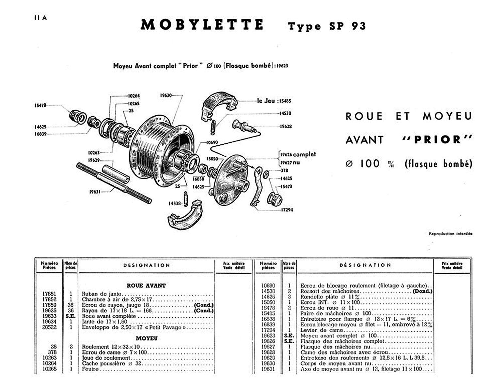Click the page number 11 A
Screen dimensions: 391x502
(40, 18)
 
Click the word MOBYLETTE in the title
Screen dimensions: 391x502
(202, 25)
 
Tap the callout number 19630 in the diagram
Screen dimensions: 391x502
(166, 95)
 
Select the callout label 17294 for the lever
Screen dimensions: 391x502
(287, 210)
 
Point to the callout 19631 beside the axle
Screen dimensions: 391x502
(95, 192)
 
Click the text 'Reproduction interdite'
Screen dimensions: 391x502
(450, 234)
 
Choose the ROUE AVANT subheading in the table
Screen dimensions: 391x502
(146, 286)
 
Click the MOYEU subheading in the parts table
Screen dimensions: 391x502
(147, 339)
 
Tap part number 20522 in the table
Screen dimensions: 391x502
(49, 327)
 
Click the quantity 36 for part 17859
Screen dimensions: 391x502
(71, 305)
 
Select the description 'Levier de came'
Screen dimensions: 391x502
(322, 330)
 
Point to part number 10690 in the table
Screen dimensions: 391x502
(268, 285)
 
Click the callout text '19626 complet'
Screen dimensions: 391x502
(298, 154)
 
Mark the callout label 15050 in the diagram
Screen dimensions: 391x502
(212, 159)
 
